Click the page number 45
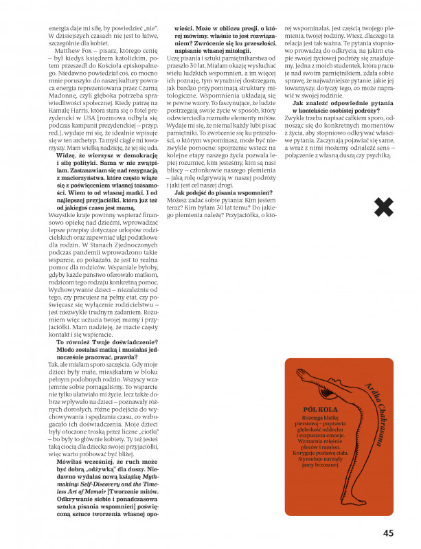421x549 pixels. click(x=388, y=531)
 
